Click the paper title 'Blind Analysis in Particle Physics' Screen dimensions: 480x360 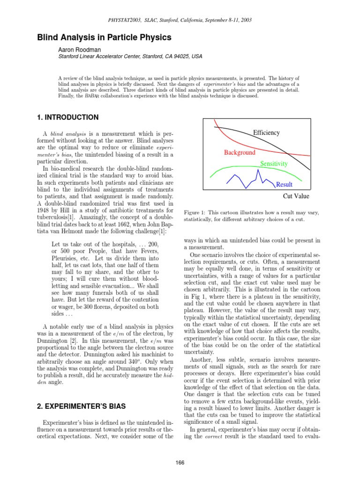(x=104, y=37)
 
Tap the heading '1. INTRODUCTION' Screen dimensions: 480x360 (x=67, y=117)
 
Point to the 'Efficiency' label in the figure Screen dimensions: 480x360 (x=266, y=133)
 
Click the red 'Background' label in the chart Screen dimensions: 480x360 (x=240, y=152)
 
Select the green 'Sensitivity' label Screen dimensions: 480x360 (x=274, y=164)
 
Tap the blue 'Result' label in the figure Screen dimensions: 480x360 (x=284, y=185)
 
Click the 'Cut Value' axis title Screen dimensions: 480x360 (x=296, y=196)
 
